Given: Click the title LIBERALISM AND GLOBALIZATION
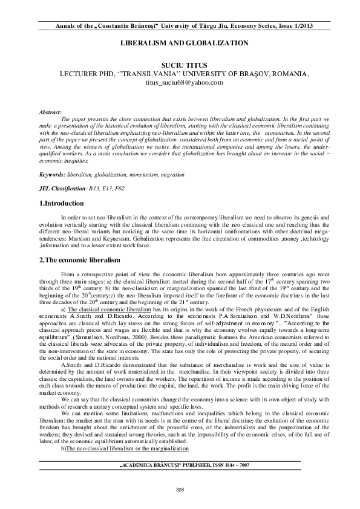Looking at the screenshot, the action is (x=180, y=44).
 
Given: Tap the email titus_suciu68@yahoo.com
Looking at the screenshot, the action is (x=180, y=82).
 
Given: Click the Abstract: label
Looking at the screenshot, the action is (x=50, y=112).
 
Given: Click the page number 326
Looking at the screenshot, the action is (x=180, y=488).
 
